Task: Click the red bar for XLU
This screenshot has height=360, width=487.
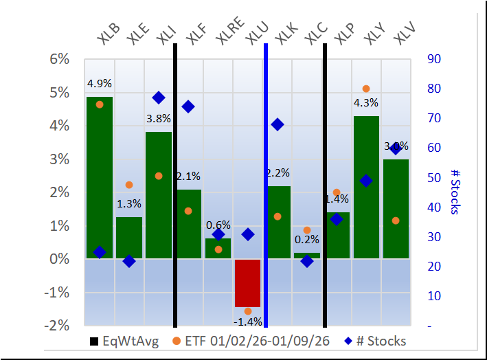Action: click(x=247, y=282)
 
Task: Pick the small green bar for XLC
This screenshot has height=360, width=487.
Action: click(x=307, y=256)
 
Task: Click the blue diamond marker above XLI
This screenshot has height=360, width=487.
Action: click(x=159, y=98)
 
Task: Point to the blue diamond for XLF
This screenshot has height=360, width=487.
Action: click(x=188, y=106)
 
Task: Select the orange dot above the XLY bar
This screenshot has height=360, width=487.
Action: click(x=366, y=89)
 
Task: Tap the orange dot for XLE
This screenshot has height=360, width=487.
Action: click(x=129, y=185)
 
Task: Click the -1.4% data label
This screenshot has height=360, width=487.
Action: click(x=247, y=322)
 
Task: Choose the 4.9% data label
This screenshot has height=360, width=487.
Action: click(x=100, y=85)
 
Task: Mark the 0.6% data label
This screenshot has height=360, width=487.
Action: click(x=218, y=225)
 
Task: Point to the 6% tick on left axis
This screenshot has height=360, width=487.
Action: click(x=60, y=59)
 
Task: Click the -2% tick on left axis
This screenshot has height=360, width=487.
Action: click(x=58, y=325)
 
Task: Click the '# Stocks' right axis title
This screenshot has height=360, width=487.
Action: click(x=454, y=192)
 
